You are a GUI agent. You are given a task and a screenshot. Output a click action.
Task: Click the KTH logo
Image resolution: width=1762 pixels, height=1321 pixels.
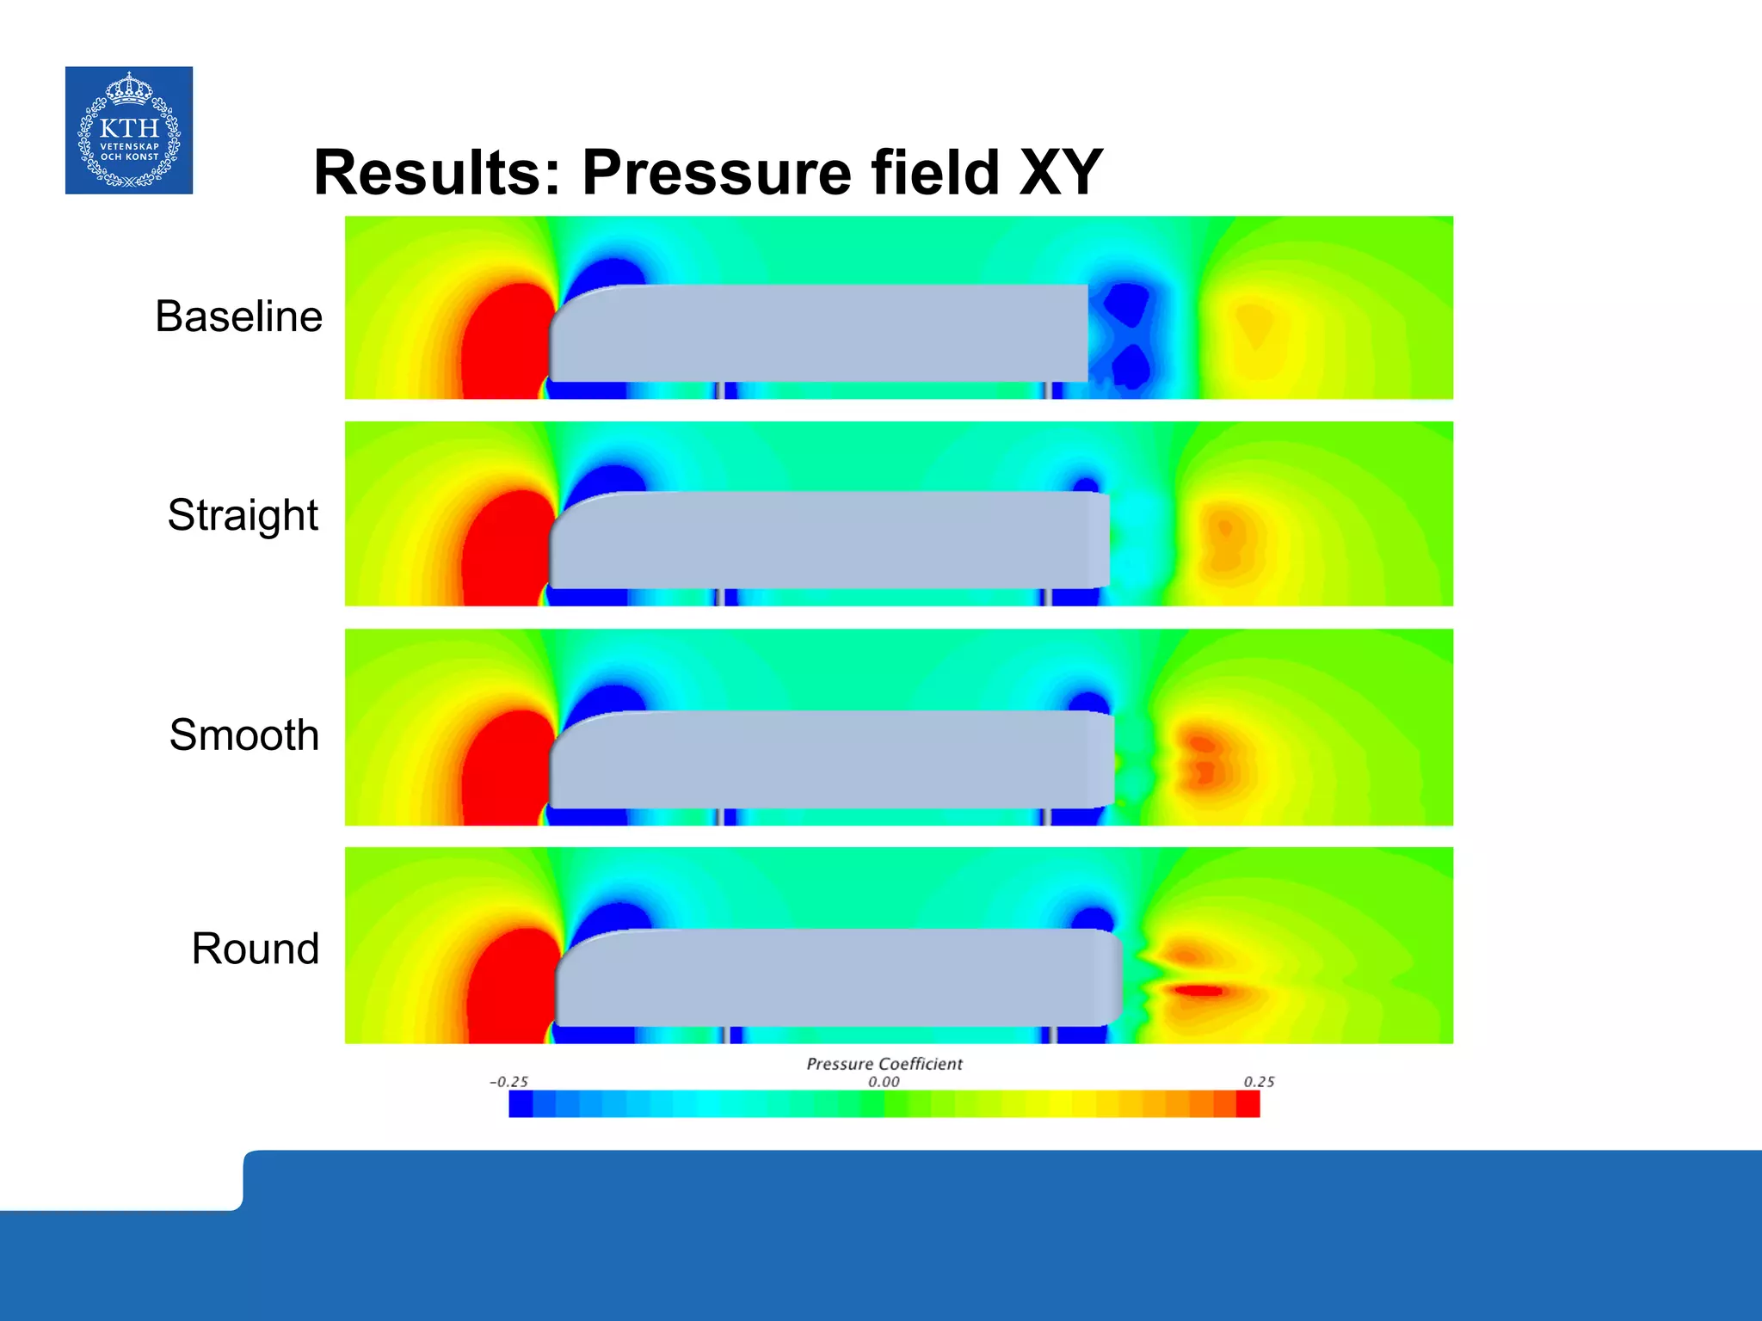click(129, 130)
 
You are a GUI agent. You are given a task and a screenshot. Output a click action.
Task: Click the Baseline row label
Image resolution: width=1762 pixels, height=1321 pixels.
click(238, 316)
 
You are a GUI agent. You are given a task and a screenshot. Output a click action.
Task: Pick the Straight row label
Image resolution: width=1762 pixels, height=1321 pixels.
click(243, 515)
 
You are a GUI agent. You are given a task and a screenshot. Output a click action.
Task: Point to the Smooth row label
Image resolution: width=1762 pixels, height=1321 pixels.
click(243, 735)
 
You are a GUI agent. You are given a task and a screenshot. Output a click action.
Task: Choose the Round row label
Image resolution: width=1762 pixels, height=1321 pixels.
click(255, 949)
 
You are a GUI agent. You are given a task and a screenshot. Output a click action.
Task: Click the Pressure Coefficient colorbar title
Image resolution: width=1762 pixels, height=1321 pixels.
click(884, 1064)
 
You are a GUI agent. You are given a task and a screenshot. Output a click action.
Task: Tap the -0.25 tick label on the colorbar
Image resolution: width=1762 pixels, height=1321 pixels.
click(508, 1082)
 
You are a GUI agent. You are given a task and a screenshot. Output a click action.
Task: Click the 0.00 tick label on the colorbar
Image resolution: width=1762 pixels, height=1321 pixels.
click(884, 1082)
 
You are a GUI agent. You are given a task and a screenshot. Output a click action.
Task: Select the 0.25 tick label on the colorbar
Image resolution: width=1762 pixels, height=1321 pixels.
click(1259, 1082)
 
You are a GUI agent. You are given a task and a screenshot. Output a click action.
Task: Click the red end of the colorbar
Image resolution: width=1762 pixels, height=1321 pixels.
click(1248, 1104)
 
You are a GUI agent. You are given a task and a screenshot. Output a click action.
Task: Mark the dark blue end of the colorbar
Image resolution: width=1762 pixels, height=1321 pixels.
click(521, 1104)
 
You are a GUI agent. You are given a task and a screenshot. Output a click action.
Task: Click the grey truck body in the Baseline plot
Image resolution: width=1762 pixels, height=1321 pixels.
click(817, 333)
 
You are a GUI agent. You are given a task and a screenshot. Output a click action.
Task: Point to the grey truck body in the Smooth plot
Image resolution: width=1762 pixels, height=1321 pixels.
click(830, 759)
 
